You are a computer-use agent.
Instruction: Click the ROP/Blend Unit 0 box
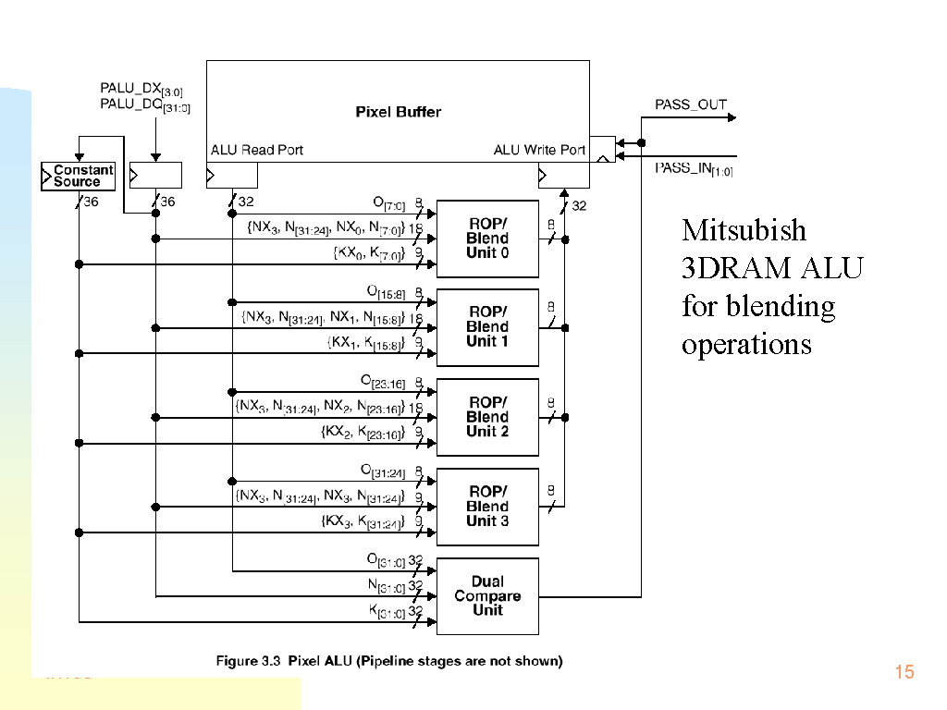pyautogui.click(x=487, y=239)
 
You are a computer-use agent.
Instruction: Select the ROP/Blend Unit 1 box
pyautogui.click(x=487, y=327)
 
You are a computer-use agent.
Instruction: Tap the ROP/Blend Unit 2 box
pyautogui.click(x=487, y=417)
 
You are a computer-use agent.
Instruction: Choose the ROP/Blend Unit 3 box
pyautogui.click(x=487, y=507)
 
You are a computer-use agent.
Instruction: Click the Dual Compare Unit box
pyautogui.click(x=487, y=596)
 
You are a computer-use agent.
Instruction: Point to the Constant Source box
pyautogui.click(x=78, y=176)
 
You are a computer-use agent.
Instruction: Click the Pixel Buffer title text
pyautogui.click(x=398, y=112)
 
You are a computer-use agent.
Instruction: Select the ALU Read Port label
pyautogui.click(x=257, y=150)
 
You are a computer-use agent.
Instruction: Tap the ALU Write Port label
pyautogui.click(x=538, y=150)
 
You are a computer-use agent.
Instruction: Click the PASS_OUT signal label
pyautogui.click(x=691, y=104)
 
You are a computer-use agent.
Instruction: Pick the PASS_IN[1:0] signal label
pyautogui.click(x=694, y=169)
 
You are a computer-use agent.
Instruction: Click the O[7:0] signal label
pyautogui.click(x=388, y=203)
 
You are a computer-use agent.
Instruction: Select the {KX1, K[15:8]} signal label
pyautogui.click(x=366, y=343)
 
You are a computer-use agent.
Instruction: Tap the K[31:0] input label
pyautogui.click(x=387, y=611)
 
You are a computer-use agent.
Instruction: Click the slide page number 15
pyautogui.click(x=904, y=672)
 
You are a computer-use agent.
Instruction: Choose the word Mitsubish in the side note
pyautogui.click(x=744, y=230)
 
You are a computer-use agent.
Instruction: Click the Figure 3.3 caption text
pyautogui.click(x=388, y=661)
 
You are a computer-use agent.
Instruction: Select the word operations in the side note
pyautogui.click(x=746, y=344)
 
